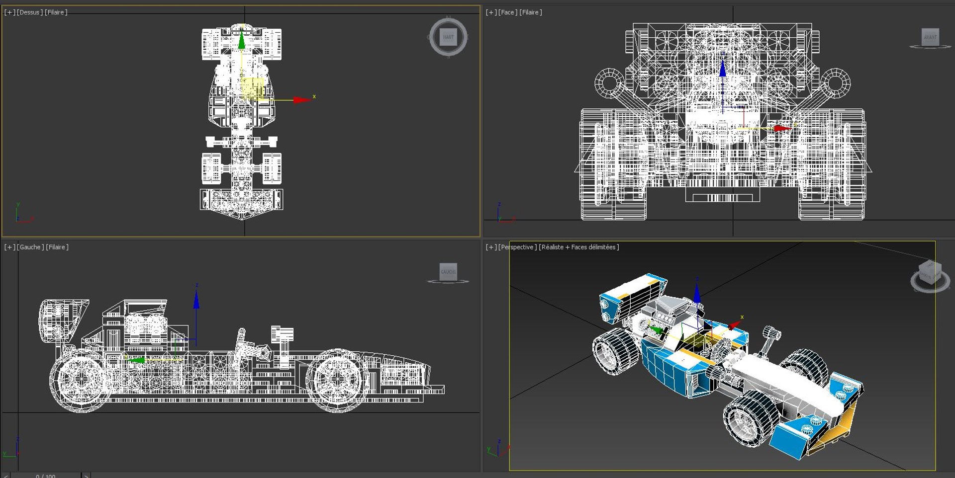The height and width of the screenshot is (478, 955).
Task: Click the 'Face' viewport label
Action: coord(508,12)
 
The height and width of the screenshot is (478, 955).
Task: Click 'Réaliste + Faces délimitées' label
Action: coord(579,247)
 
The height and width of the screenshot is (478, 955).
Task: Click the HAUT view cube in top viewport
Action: coord(448,37)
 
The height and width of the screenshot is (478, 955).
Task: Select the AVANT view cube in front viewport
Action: coord(930,37)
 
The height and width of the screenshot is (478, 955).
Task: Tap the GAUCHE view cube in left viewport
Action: coord(448,271)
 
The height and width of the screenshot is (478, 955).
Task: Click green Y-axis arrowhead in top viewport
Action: coord(242,40)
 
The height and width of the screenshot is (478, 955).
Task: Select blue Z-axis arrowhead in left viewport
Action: coord(196,300)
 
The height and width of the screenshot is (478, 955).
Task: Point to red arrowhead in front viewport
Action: coord(782,128)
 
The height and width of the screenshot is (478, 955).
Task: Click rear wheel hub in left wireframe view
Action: coord(80,380)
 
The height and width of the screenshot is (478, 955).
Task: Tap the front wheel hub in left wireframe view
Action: coord(337,380)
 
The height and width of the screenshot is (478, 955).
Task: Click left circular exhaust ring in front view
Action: coord(609,82)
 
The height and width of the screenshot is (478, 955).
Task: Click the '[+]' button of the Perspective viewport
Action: coord(491,247)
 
